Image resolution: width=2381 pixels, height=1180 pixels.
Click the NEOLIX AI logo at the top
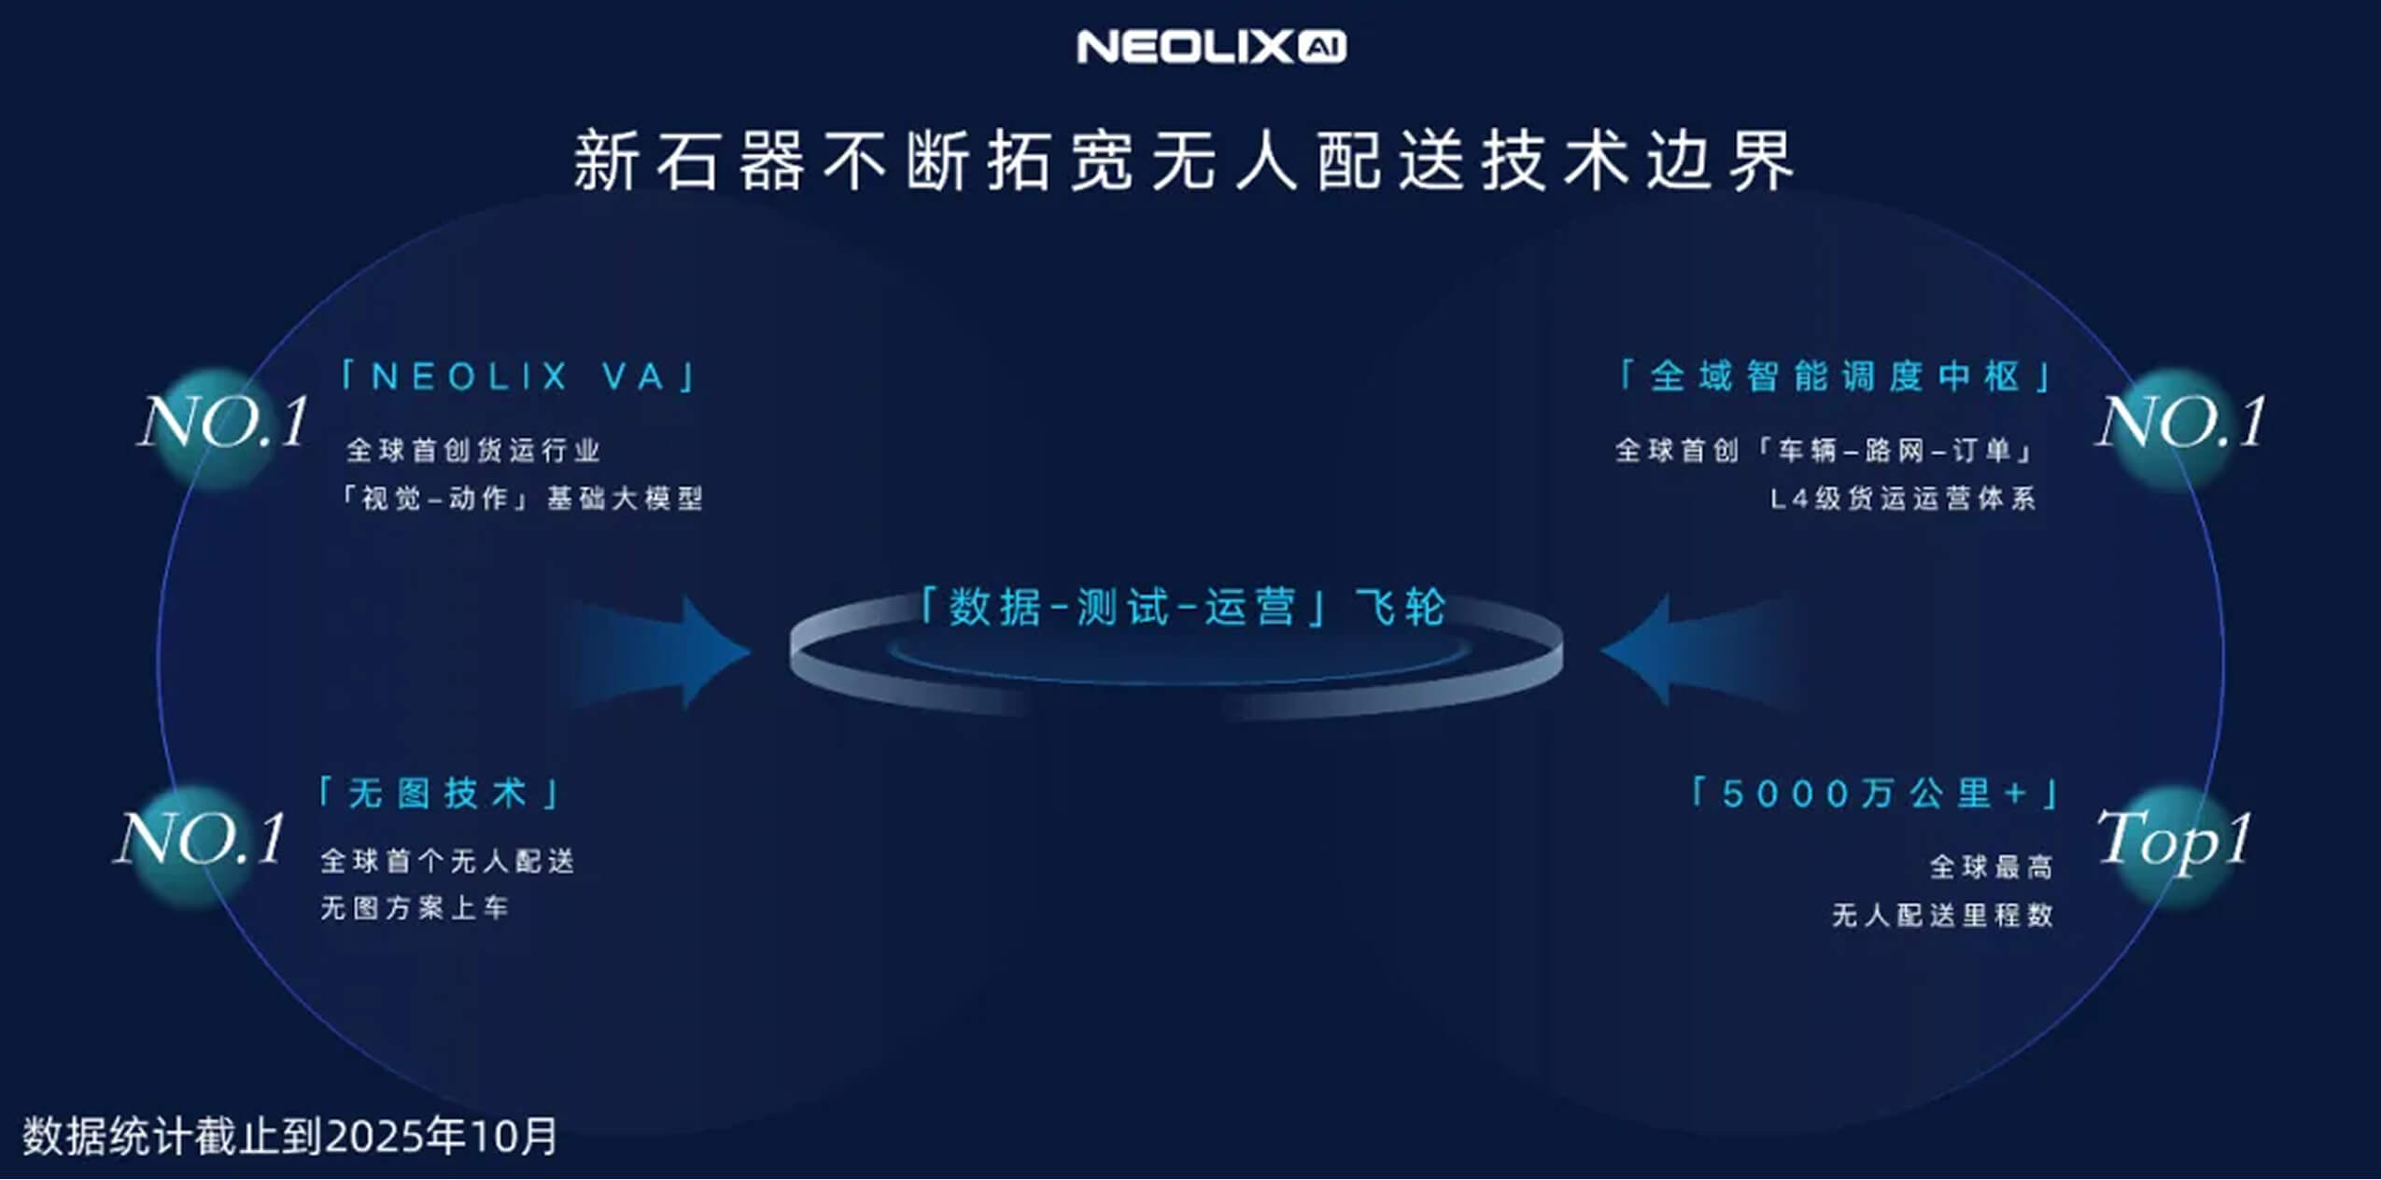click(1211, 47)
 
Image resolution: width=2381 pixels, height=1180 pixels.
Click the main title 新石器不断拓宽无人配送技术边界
click(1184, 161)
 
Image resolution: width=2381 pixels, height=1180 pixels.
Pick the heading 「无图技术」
click(439, 794)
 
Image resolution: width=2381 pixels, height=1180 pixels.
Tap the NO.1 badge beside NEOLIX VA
click(224, 422)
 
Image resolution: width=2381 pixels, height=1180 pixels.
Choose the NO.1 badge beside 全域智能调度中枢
click(2181, 422)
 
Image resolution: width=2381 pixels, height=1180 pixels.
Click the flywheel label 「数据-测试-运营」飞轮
click(1183, 608)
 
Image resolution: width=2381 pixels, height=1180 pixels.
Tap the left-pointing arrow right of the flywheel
click(1699, 651)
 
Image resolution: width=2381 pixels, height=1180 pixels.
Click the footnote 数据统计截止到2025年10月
click(290, 1136)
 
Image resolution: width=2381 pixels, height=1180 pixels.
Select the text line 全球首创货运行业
click(473, 451)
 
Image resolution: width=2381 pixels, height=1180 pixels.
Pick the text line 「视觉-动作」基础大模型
click(521, 499)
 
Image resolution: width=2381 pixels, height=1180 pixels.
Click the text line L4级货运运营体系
click(1903, 499)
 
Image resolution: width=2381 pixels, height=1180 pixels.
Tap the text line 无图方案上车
click(415, 907)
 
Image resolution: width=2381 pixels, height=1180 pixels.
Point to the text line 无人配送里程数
click(1942, 915)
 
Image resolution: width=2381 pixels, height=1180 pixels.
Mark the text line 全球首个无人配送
click(447, 861)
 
